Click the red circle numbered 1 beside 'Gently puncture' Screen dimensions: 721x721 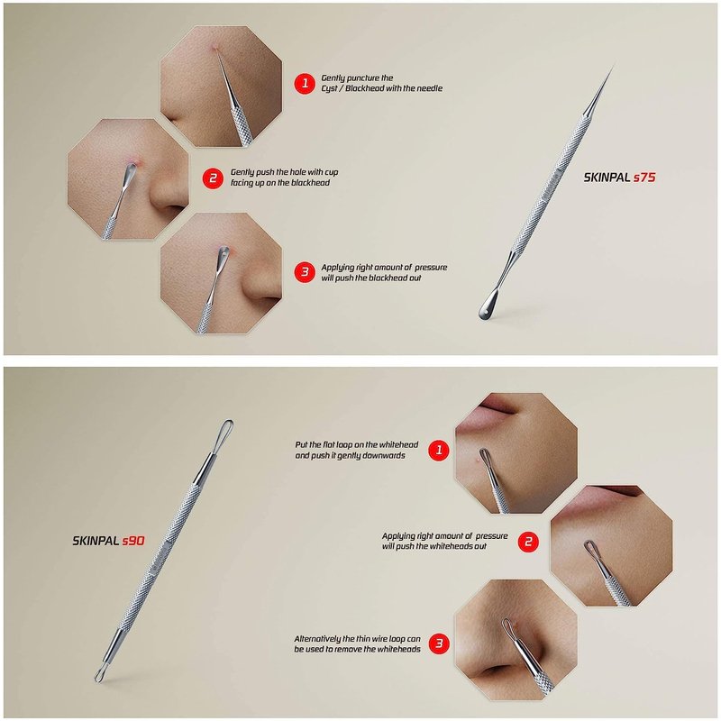coord(305,83)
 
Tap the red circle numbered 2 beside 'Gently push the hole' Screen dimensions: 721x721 coord(213,178)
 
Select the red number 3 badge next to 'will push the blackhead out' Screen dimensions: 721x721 coord(305,272)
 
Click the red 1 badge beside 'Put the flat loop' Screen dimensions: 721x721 coord(439,450)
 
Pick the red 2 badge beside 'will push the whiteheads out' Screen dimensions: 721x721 coord(528,542)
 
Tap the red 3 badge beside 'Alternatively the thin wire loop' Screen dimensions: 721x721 coord(439,643)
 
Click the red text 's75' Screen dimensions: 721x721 coord(644,178)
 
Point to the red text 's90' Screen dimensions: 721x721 coord(133,541)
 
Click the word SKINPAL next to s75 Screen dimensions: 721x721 coord(607,178)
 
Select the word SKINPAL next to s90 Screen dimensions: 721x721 coord(96,541)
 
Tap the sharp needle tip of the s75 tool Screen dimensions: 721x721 coord(614,66)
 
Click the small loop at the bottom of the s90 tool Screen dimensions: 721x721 coord(102,673)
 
